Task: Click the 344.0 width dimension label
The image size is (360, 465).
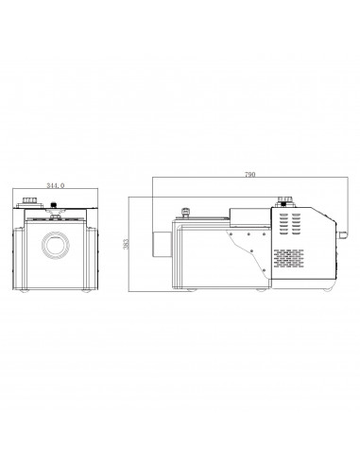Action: [56, 185]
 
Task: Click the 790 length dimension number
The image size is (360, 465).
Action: [250, 174]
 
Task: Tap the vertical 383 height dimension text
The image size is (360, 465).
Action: [126, 244]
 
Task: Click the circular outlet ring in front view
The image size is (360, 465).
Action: [56, 246]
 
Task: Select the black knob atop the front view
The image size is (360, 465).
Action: [54, 205]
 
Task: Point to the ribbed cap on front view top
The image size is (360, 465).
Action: [29, 200]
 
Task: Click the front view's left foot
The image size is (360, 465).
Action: [24, 290]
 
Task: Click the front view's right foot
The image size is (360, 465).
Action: [86, 290]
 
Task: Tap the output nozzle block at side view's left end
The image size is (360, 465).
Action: [162, 245]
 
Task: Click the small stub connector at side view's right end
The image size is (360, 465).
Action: [342, 233]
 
